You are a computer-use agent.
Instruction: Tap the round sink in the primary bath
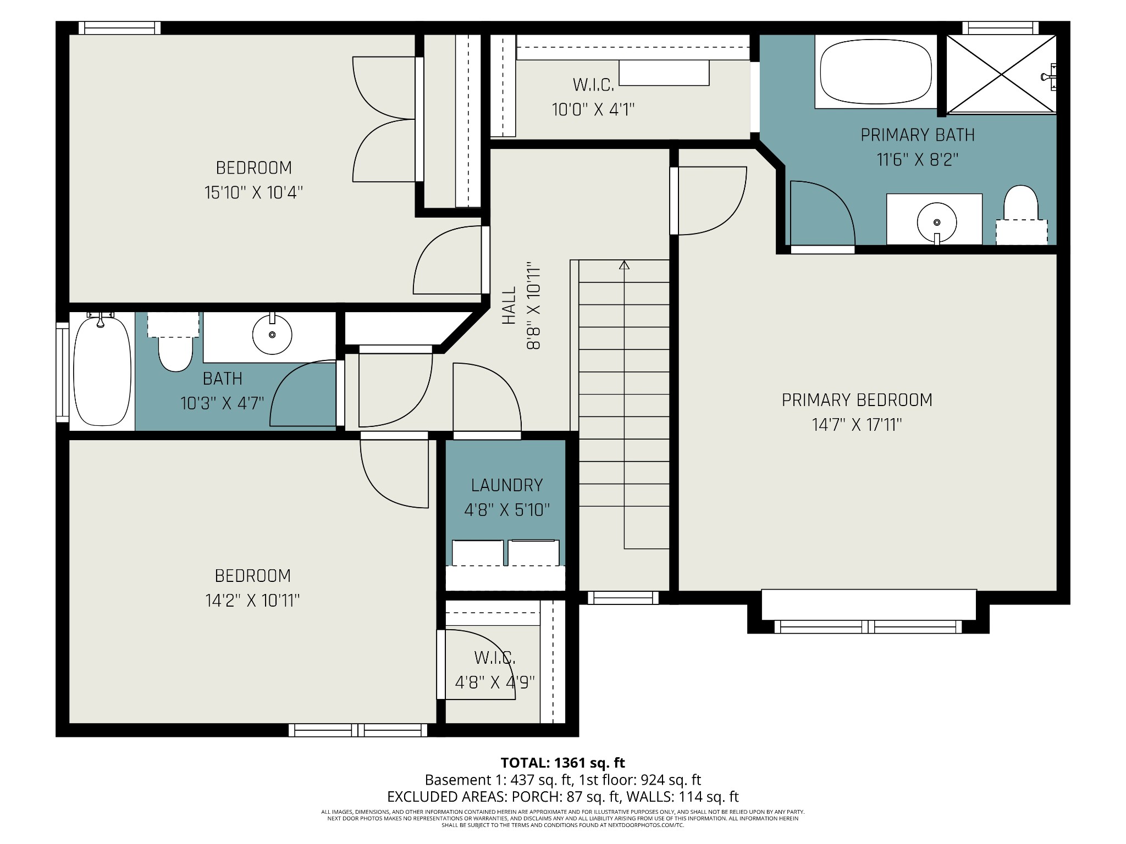(x=937, y=223)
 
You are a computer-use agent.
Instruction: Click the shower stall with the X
(x=1001, y=74)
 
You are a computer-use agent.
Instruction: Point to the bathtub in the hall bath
(x=102, y=370)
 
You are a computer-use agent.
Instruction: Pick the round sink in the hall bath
(x=272, y=334)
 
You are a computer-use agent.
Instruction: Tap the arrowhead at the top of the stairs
(x=624, y=265)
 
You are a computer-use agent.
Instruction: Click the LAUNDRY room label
(x=507, y=485)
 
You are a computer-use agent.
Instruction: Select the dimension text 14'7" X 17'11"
(x=857, y=425)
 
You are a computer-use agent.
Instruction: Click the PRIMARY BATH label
(x=918, y=135)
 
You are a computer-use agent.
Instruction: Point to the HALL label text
(x=509, y=305)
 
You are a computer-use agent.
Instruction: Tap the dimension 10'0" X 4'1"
(x=593, y=109)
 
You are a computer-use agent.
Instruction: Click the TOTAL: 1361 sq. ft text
(x=562, y=763)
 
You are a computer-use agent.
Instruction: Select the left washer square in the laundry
(x=478, y=553)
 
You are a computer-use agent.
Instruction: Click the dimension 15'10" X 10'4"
(x=253, y=192)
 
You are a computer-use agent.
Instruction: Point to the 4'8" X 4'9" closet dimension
(x=495, y=682)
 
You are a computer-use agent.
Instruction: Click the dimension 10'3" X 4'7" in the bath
(x=222, y=403)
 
